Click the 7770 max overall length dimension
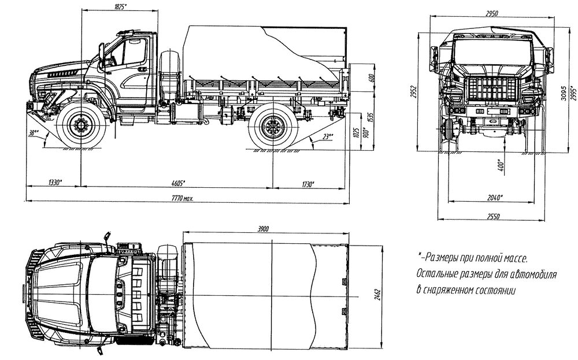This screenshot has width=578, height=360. point(180,198)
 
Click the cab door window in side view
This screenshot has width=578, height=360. point(131,53)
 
